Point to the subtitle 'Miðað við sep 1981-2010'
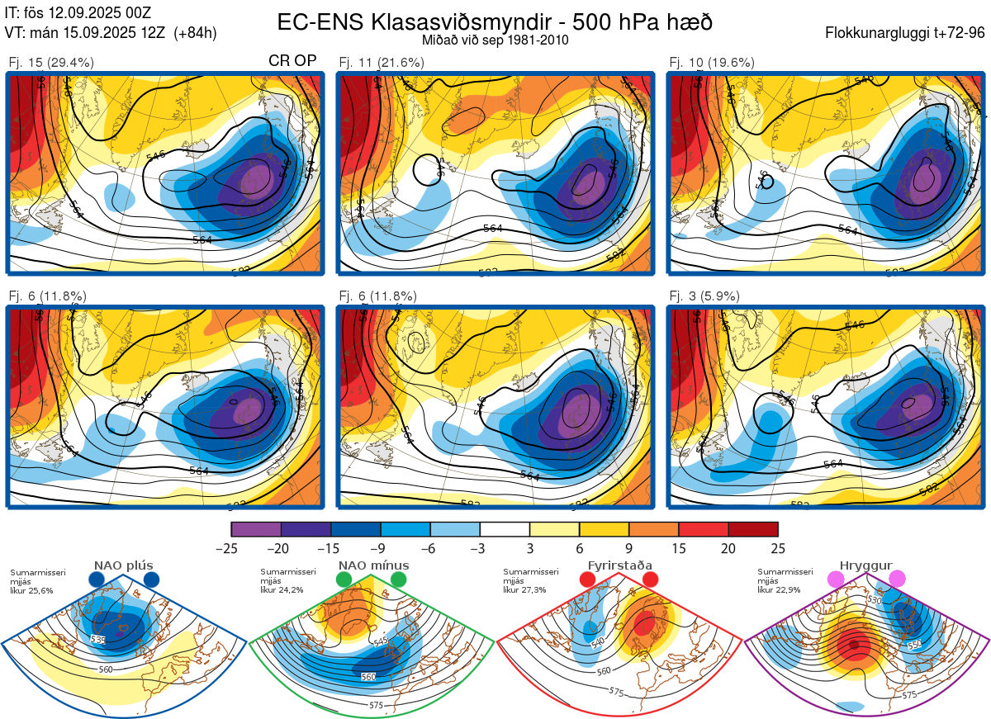point(495,40)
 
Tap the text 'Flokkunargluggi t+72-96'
point(904,33)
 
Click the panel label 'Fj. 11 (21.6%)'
point(381,62)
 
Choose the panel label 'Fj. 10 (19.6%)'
point(711,62)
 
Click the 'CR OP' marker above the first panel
point(293,61)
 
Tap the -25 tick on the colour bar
point(231,548)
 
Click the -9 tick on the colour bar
point(381,548)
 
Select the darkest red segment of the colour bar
point(753,529)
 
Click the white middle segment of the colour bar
point(505,529)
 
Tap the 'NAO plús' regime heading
point(123,565)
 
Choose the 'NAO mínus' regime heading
point(373,565)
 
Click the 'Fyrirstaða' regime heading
point(619,565)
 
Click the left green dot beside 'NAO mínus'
point(344,580)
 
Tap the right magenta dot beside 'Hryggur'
point(897,579)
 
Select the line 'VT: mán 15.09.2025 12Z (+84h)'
point(111,33)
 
